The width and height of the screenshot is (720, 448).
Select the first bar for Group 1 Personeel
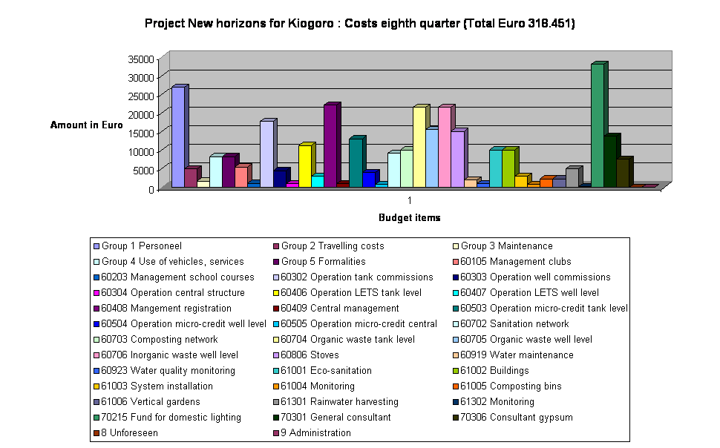(178, 137)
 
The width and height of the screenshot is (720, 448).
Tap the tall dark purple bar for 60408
(330, 145)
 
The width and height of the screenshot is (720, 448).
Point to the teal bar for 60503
(356, 162)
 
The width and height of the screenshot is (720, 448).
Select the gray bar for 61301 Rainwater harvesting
(572, 177)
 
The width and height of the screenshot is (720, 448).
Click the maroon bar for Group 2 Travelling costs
(191, 177)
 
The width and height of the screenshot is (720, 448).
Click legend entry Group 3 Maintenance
(506, 246)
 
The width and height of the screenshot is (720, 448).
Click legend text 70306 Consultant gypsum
(516, 418)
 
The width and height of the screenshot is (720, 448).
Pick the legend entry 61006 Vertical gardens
(151, 402)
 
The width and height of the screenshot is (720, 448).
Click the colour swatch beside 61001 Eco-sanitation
(276, 371)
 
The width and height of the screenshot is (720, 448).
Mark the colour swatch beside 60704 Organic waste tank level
(276, 340)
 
